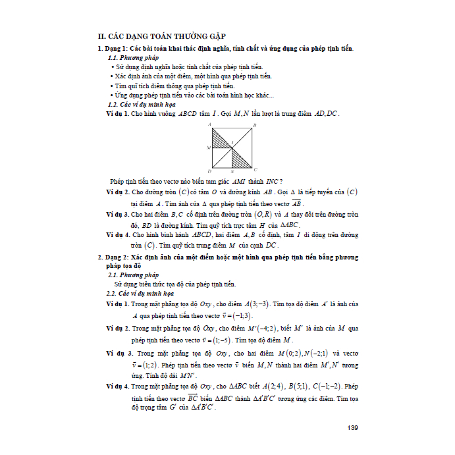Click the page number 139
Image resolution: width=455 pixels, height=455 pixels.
[x=352, y=429]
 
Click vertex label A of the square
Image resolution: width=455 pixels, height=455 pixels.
[x=209, y=124]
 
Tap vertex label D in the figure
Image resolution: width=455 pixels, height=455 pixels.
[x=209, y=170]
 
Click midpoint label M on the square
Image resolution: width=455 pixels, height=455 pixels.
[x=208, y=147]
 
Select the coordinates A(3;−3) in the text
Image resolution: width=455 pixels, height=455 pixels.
[x=256, y=305]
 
